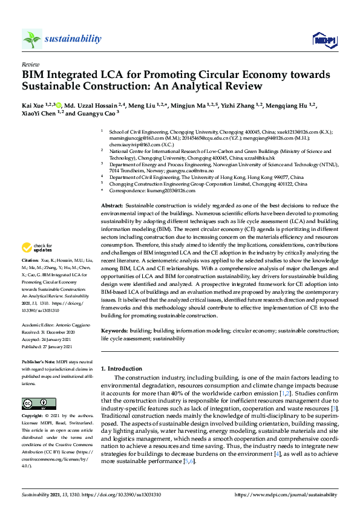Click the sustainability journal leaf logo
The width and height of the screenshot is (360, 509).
pyautogui.click(x=32, y=39)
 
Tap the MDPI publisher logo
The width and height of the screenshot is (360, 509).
pyautogui.click(x=323, y=40)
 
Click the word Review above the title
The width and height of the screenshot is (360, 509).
pyautogui.click(x=30, y=63)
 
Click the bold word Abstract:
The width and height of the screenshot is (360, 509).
pyautogui.click(x=112, y=190)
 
